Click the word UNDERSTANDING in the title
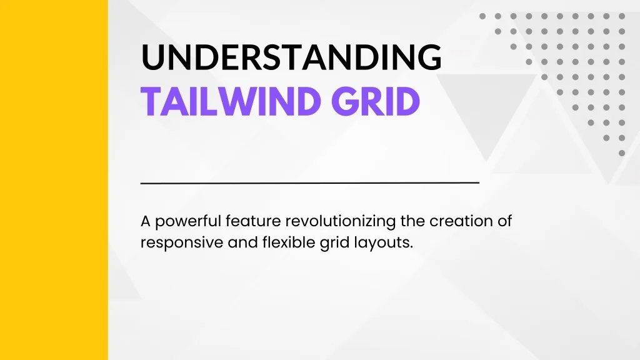point(291,57)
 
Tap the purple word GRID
point(376,101)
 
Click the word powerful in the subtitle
point(188,222)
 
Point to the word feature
point(253,221)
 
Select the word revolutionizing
point(341,222)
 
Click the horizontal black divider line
point(310,183)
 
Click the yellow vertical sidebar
point(54,180)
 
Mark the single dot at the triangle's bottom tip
point(622,153)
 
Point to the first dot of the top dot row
point(482,16)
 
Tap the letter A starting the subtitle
point(146,222)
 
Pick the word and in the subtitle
point(243,242)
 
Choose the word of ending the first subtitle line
point(504,221)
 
